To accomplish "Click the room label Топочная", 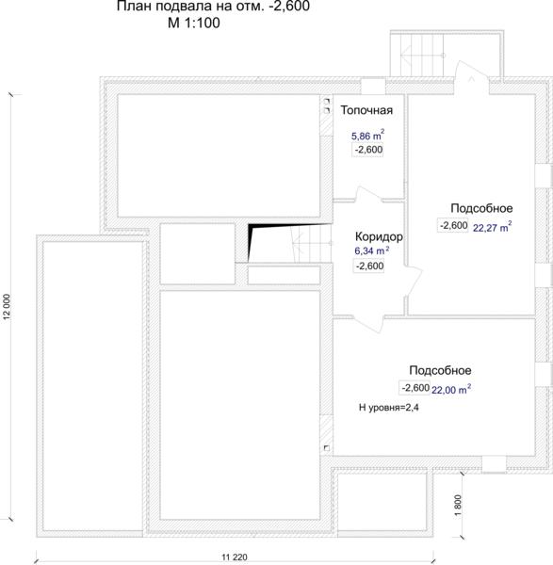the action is click(x=366, y=110).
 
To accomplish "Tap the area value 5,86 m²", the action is click(x=367, y=135).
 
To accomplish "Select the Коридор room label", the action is click(x=379, y=236).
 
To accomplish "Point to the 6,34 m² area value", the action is click(x=372, y=250).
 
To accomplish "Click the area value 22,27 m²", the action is click(x=492, y=227).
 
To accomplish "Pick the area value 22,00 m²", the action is click(x=451, y=389).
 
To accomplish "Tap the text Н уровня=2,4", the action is click(x=389, y=408).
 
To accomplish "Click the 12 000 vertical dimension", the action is click(x=7, y=307).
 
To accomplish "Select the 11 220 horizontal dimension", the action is click(x=235, y=557).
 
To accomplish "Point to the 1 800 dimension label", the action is click(x=458, y=505).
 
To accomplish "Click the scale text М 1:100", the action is click(x=194, y=23).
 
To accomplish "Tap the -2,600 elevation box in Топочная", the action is click(x=367, y=150).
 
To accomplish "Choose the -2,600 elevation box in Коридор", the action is click(x=369, y=266).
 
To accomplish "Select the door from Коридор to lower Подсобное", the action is click(x=368, y=323).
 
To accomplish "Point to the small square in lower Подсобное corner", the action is click(x=327, y=448).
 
